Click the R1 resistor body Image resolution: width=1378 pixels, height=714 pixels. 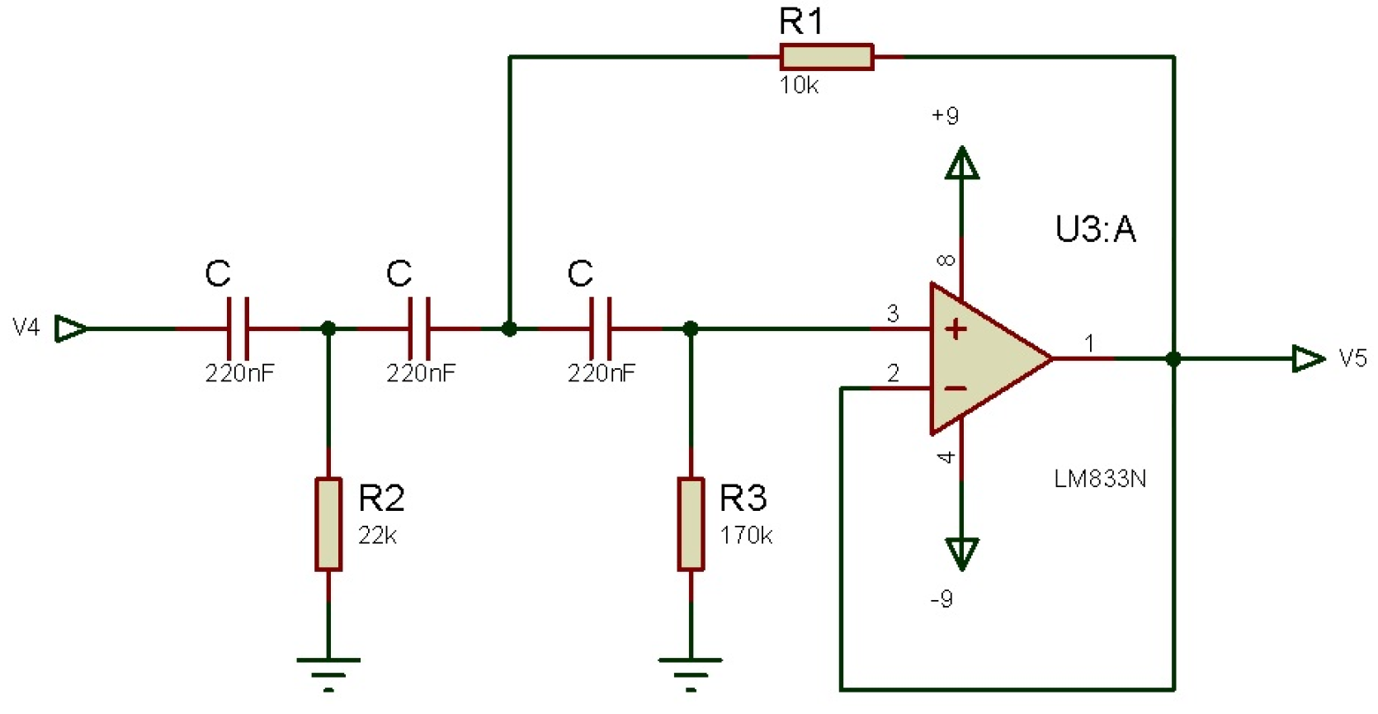click(x=826, y=57)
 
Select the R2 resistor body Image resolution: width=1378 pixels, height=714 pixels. click(x=328, y=523)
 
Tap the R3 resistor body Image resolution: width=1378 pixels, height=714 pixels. click(x=691, y=523)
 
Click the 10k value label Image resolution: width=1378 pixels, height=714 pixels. click(x=799, y=85)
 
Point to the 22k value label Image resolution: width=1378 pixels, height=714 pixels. click(x=377, y=536)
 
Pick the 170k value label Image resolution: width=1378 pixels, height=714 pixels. click(x=746, y=536)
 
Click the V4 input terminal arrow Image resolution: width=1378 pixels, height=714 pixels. click(x=71, y=329)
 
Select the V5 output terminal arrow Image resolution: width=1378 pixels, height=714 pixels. click(x=1308, y=358)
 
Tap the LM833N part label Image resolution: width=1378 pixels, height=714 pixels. click(x=1100, y=479)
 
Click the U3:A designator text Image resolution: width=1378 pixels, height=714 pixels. click(x=1096, y=229)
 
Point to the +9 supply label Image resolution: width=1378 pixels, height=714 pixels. click(x=945, y=116)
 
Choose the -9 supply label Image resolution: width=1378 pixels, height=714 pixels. click(x=941, y=598)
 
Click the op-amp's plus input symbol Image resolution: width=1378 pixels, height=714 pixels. click(x=956, y=329)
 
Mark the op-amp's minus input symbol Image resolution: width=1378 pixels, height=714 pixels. click(x=956, y=388)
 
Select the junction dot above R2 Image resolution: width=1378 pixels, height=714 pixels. click(x=328, y=329)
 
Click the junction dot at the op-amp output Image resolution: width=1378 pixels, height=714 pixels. click(x=1173, y=358)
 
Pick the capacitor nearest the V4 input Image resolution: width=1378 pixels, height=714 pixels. click(x=238, y=329)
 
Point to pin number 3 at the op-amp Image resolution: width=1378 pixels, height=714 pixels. click(x=893, y=314)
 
